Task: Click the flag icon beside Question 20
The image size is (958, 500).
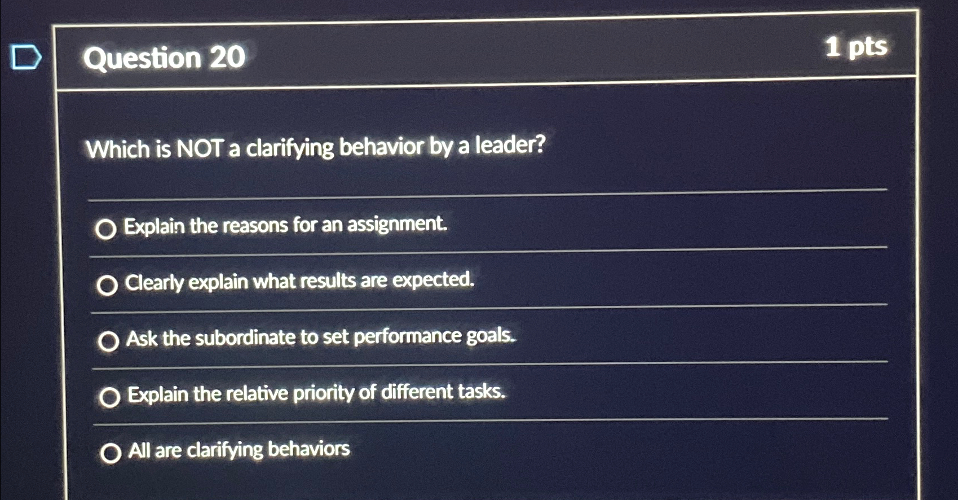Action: click(x=27, y=58)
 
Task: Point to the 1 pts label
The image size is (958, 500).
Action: click(x=855, y=47)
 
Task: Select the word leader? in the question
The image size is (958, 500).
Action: click(x=510, y=145)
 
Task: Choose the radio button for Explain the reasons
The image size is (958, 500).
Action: click(x=106, y=229)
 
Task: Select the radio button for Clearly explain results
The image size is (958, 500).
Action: click(x=107, y=286)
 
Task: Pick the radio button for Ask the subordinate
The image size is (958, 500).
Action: click(x=108, y=341)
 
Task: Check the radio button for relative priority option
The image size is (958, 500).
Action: click(x=109, y=397)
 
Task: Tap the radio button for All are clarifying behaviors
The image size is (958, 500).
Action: click(x=111, y=453)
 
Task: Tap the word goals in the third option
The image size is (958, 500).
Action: click(x=490, y=336)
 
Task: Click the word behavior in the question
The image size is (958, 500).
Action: click(x=381, y=147)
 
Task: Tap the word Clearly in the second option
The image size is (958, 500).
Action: click(x=154, y=283)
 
